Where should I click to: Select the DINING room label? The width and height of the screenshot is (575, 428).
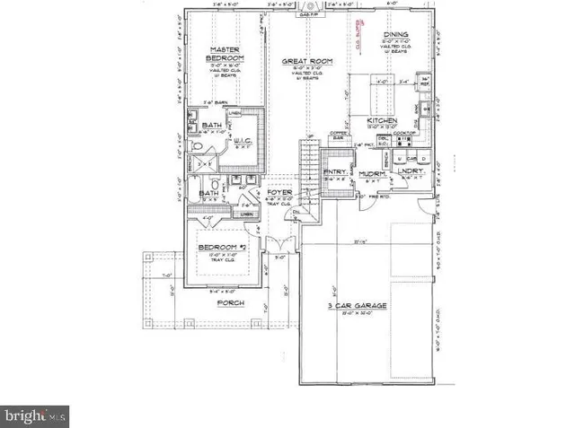pos(396,34)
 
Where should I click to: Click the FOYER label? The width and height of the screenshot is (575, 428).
pos(276,192)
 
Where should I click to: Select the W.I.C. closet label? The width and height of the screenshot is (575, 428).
pos(242,140)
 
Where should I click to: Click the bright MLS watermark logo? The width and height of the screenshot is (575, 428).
pos(35,415)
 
